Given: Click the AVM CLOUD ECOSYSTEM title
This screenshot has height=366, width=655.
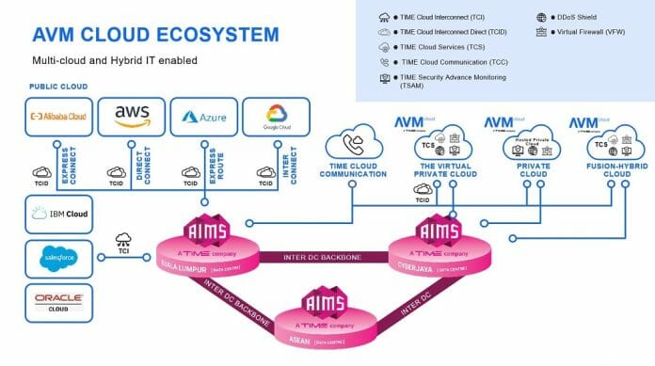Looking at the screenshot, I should coord(155,35).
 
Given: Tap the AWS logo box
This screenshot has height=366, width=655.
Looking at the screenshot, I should coord(131,118).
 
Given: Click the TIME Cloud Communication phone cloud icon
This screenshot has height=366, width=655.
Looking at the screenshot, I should coord(353,143).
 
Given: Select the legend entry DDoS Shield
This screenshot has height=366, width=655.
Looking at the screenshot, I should coord(565,17).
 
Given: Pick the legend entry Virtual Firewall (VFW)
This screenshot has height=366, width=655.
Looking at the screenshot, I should coord(580,31).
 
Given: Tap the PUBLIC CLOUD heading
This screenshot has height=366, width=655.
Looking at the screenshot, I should coord(58,86).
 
